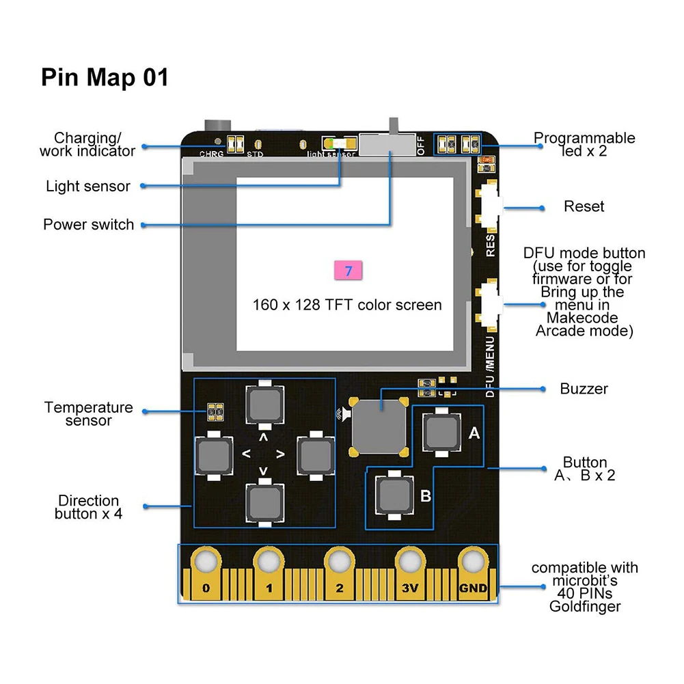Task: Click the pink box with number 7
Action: (x=348, y=271)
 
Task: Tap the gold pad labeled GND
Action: (x=474, y=573)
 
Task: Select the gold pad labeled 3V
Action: (x=410, y=573)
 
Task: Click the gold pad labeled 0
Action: (x=206, y=573)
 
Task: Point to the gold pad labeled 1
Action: (x=269, y=573)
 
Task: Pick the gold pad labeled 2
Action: (x=340, y=573)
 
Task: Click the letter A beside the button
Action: (x=474, y=433)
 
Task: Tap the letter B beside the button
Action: (x=426, y=496)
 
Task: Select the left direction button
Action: (x=214, y=456)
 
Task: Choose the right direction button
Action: (x=316, y=456)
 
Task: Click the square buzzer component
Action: (x=379, y=426)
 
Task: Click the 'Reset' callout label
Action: (x=584, y=206)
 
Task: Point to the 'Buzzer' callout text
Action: (x=584, y=389)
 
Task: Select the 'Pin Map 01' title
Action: (x=105, y=77)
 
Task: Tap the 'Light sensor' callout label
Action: (x=88, y=187)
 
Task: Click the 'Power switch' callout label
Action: (x=89, y=225)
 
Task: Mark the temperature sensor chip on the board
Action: (x=215, y=412)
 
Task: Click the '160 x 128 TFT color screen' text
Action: (x=347, y=305)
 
